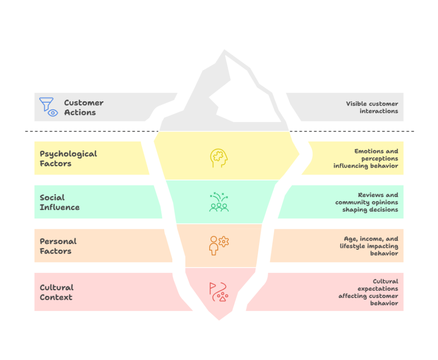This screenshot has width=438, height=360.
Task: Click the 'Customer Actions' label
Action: point(83,108)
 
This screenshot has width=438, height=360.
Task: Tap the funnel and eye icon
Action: point(48,107)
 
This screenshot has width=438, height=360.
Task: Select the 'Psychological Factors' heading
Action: point(68,158)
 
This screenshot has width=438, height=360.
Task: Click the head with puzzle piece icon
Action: point(219,158)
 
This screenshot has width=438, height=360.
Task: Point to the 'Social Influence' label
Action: point(59,202)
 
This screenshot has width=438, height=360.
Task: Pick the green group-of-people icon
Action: point(219,202)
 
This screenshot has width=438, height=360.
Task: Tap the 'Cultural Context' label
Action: point(56,292)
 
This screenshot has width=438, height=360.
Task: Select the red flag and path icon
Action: point(219,292)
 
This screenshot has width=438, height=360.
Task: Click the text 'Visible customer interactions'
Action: point(372,107)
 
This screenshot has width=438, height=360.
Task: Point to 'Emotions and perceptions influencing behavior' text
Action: point(366,158)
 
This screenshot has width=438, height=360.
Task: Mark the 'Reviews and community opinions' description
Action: point(367,202)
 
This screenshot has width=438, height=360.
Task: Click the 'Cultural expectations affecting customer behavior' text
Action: point(369,292)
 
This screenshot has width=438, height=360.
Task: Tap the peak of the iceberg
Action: point(224,52)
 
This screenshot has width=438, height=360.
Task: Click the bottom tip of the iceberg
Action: point(219,319)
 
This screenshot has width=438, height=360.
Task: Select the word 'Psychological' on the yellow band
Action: point(68,153)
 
